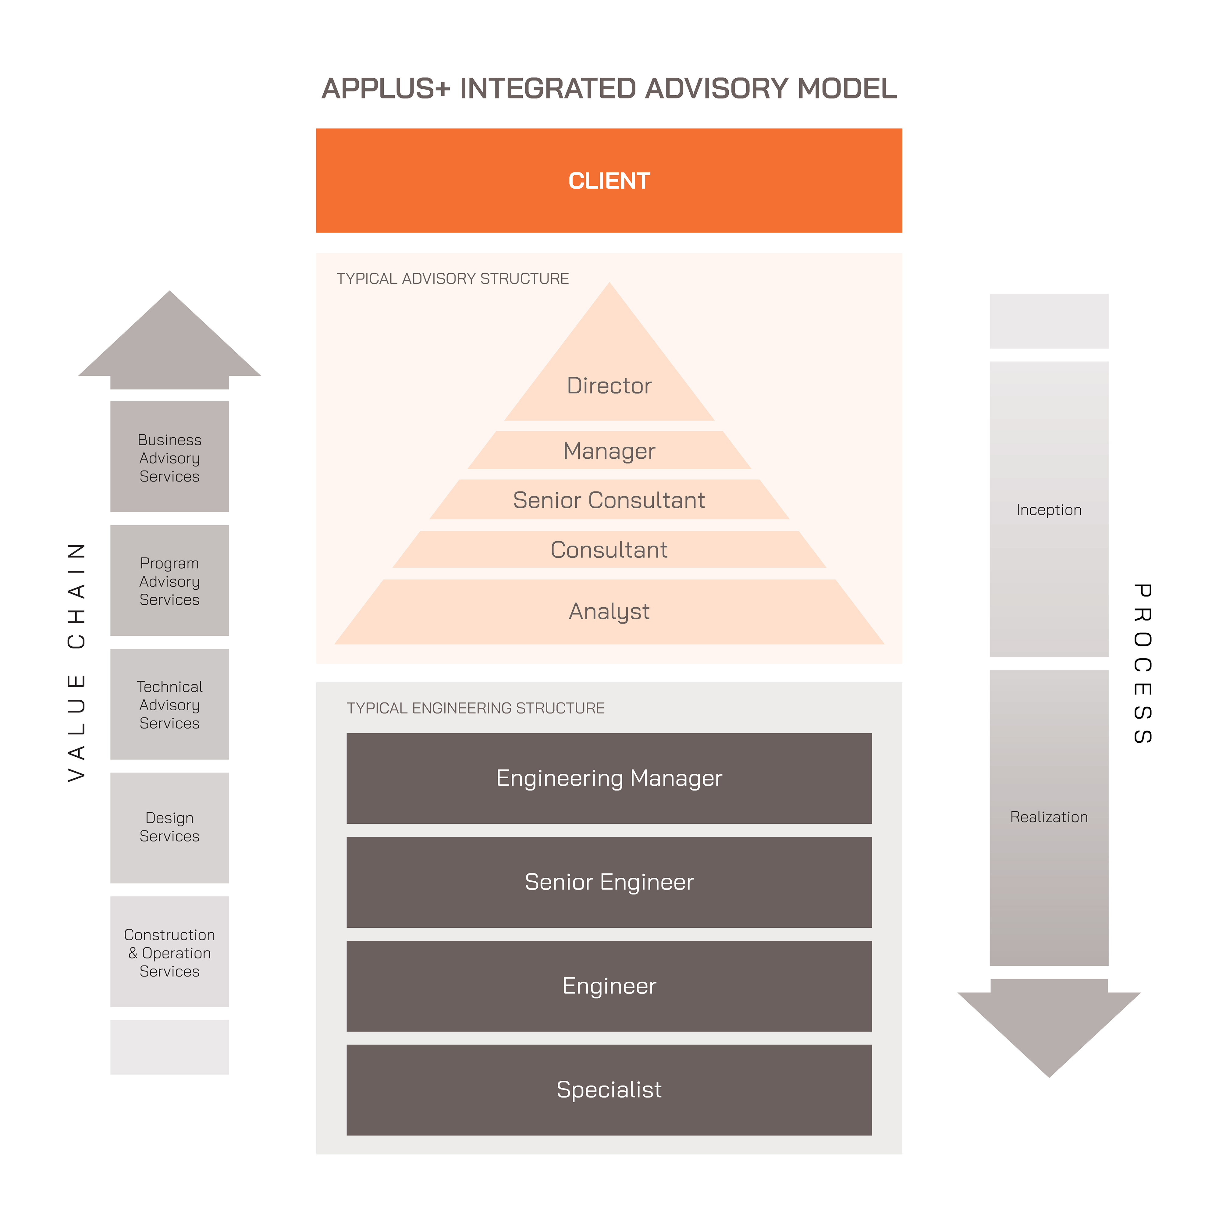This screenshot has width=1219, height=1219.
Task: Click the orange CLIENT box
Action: click(609, 180)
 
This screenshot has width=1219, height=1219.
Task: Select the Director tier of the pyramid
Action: click(609, 385)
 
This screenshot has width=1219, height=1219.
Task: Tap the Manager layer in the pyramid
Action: click(609, 450)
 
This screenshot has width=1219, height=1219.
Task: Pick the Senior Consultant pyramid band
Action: click(609, 500)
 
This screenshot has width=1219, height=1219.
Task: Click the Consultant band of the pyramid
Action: click(609, 549)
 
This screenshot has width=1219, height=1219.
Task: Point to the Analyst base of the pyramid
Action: click(609, 611)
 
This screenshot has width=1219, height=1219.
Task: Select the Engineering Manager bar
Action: click(609, 778)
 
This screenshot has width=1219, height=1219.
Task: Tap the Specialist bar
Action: click(609, 1090)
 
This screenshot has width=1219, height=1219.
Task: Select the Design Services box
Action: click(169, 827)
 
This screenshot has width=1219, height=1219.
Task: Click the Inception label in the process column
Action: click(1049, 510)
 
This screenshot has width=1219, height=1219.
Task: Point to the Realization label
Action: click(1049, 817)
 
